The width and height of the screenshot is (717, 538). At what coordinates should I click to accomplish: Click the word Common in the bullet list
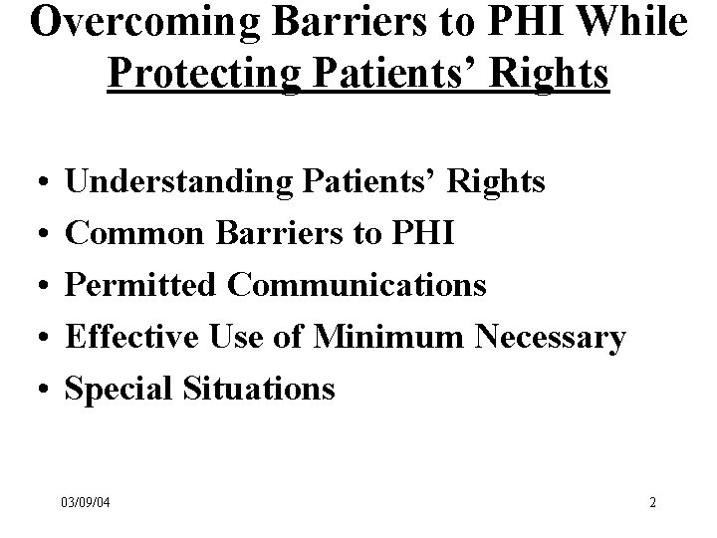click(132, 233)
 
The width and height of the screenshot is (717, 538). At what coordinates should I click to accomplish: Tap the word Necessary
click(551, 337)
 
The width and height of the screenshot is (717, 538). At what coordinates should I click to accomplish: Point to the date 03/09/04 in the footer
click(84, 502)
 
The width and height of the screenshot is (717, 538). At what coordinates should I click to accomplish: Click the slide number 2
click(652, 502)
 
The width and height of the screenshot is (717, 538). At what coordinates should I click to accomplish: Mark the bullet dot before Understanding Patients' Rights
click(36, 183)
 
